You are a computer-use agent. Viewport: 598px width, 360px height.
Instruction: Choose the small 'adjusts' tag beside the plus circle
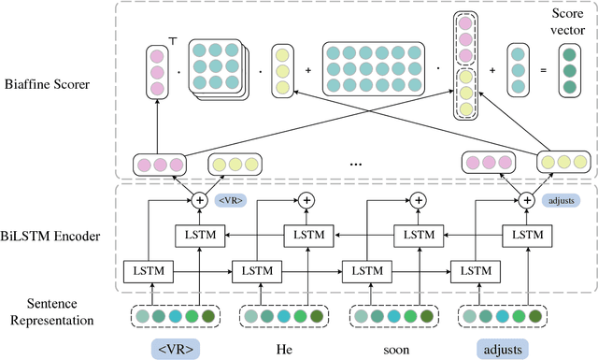click(559, 200)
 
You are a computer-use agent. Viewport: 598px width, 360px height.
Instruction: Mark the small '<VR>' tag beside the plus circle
click(229, 200)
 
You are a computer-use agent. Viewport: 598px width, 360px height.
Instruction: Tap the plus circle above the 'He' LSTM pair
click(305, 200)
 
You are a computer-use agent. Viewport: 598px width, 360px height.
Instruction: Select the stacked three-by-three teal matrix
click(219, 69)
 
